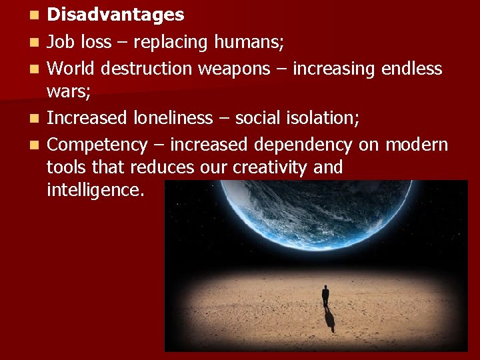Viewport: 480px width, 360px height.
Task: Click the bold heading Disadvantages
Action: click(x=115, y=15)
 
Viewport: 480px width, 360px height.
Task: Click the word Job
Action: click(x=61, y=42)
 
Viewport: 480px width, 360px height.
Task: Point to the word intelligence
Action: click(x=95, y=190)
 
